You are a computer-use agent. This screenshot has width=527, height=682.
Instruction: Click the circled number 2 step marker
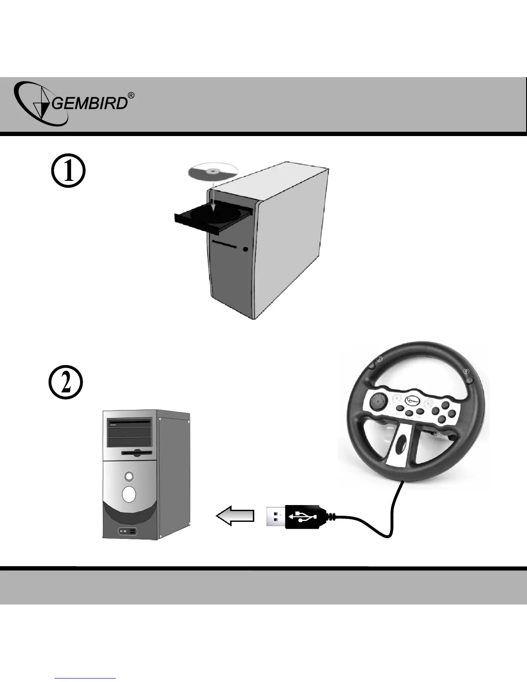[x=64, y=382]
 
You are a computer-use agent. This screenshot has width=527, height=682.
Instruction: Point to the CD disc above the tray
[x=213, y=172]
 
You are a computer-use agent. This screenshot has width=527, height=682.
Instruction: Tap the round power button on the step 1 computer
[x=245, y=249]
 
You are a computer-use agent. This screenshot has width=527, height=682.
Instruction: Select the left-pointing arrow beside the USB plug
[x=235, y=515]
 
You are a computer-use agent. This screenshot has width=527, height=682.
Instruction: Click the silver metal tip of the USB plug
[x=275, y=516]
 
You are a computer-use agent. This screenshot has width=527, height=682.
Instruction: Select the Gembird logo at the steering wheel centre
[x=414, y=400]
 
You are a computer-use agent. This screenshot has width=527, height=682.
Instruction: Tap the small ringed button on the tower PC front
[x=129, y=477]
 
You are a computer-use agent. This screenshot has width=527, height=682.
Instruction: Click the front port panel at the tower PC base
[x=127, y=532]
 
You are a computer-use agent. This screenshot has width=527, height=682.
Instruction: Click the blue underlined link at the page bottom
[x=86, y=679]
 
